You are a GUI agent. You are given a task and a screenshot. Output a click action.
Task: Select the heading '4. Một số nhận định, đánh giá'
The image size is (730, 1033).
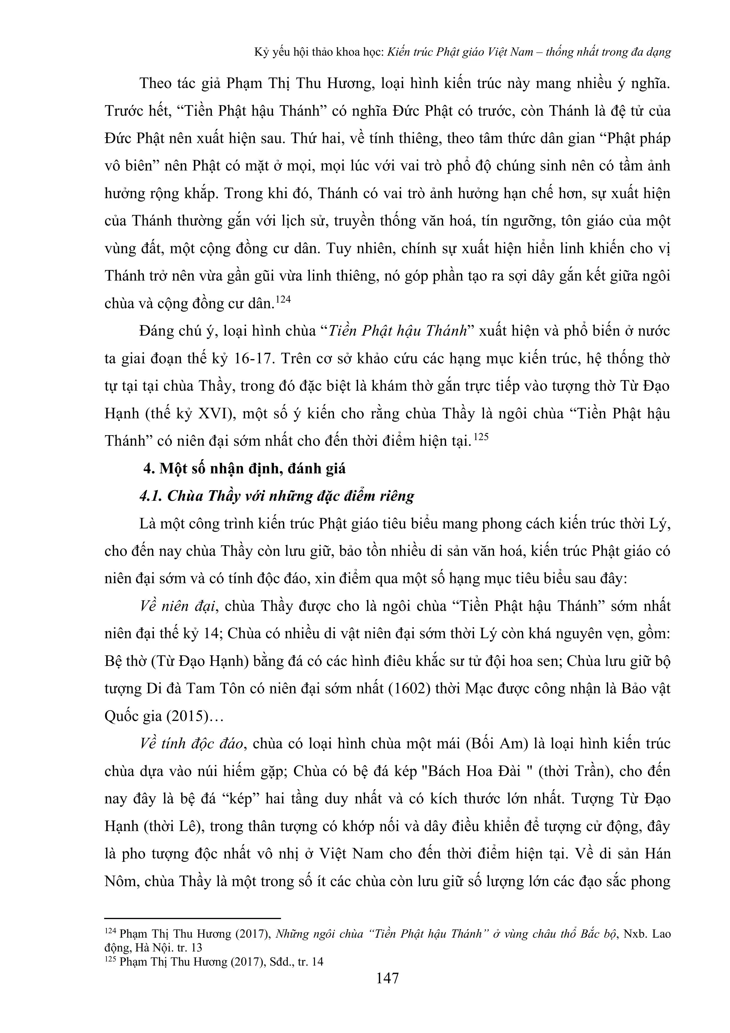coord(244,468)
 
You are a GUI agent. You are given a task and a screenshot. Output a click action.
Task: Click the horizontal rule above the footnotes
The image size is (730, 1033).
coord(192,918)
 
